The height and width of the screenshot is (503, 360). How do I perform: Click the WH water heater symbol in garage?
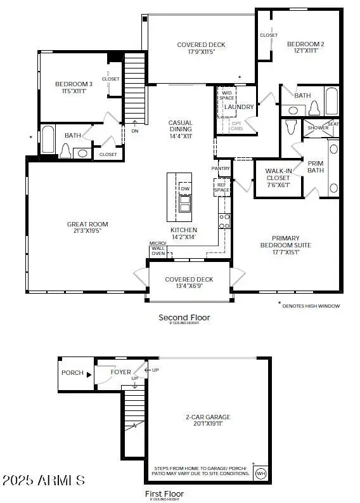(x=260, y=473)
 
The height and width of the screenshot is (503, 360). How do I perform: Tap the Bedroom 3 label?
(x=74, y=84)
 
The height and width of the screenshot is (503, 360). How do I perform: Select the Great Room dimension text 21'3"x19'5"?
(x=87, y=232)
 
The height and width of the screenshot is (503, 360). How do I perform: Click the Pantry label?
(x=221, y=168)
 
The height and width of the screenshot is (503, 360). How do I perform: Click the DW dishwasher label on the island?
(x=185, y=189)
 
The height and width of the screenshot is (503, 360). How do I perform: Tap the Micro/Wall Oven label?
(x=158, y=249)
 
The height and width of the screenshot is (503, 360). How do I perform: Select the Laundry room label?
(x=239, y=107)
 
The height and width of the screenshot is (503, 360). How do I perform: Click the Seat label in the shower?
(x=333, y=124)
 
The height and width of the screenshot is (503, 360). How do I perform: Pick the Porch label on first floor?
(x=72, y=372)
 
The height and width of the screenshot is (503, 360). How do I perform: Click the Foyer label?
(x=121, y=372)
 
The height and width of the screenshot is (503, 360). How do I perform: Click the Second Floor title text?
(x=184, y=317)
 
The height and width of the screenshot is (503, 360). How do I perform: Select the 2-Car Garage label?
(x=207, y=417)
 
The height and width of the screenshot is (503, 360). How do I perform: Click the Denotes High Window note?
(x=311, y=306)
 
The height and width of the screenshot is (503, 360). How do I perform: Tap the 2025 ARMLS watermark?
(x=43, y=479)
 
